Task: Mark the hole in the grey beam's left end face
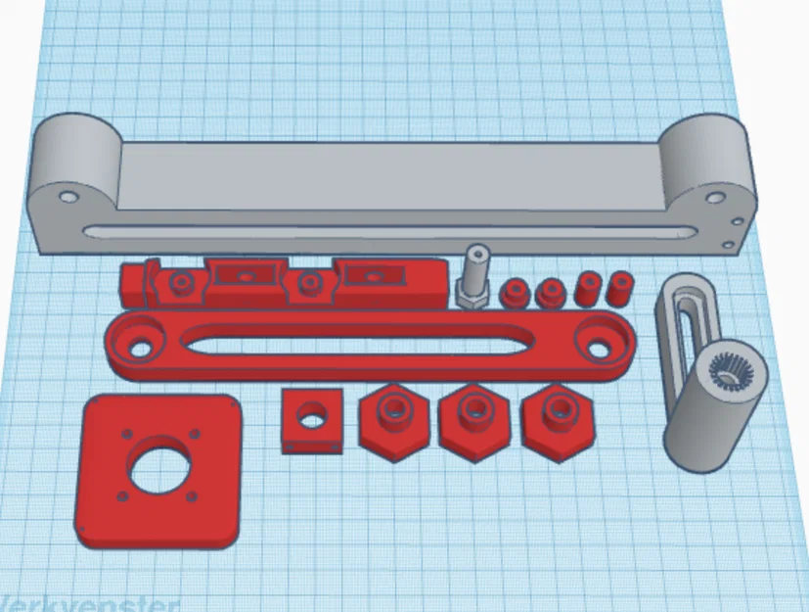67,196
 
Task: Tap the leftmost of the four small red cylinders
514,293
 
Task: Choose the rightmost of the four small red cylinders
618,289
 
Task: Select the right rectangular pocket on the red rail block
370,277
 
